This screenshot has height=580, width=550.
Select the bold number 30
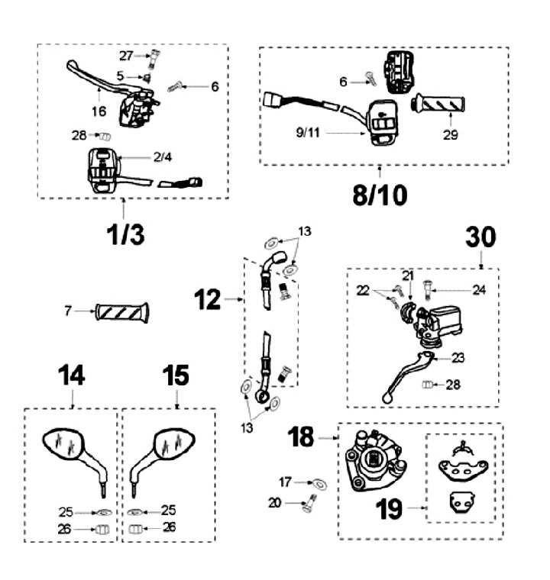480,238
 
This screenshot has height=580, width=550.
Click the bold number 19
389,509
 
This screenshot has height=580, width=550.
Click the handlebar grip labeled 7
123,311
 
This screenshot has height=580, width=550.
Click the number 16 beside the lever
99,112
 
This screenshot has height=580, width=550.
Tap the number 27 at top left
126,55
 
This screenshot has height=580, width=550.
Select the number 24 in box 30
478,290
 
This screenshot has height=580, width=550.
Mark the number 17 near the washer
285,482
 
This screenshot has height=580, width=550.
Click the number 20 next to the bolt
274,502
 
